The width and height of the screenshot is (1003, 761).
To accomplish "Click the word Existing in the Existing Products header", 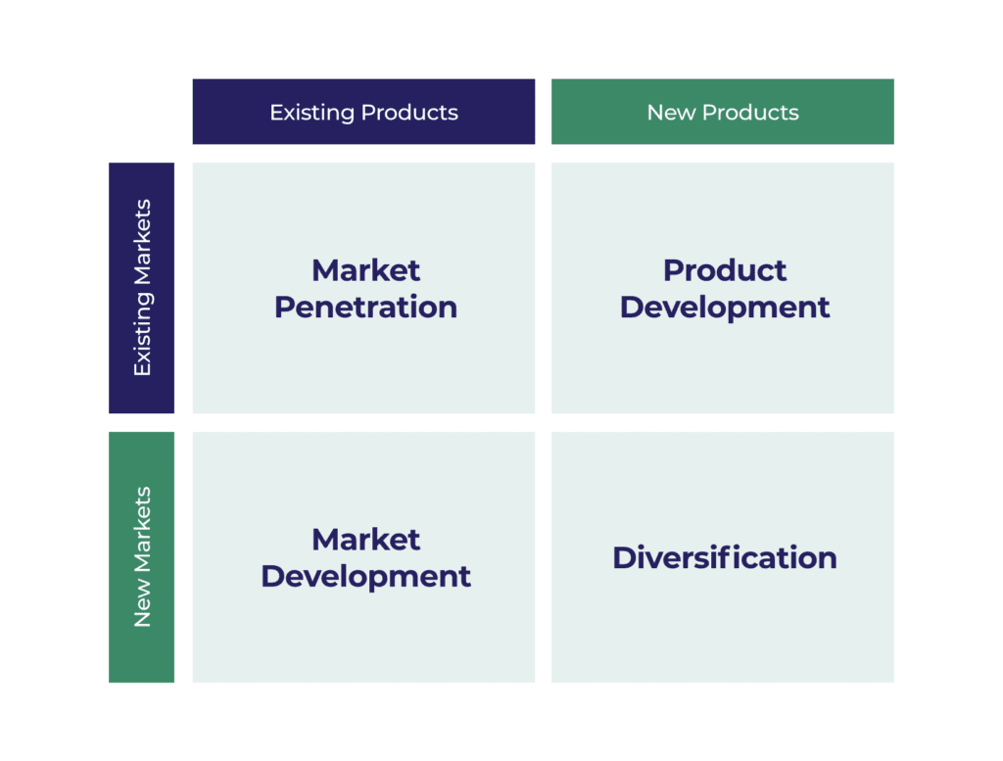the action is (312, 114).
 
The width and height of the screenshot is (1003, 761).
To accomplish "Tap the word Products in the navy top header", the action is (409, 113).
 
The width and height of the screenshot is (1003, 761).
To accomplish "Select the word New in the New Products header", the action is (671, 113).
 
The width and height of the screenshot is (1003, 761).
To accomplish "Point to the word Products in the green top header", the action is (750, 113).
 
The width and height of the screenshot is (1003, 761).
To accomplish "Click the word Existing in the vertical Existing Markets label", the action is (143, 334).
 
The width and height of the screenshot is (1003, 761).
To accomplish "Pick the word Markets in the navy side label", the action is (142, 242).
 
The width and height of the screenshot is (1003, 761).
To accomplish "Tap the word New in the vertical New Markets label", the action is (142, 603).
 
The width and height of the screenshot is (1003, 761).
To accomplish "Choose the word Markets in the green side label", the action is (142, 530).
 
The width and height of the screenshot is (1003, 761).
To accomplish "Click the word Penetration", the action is (366, 307).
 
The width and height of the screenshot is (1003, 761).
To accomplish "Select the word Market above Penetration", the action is (366, 270).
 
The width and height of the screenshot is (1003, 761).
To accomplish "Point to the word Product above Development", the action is (725, 270).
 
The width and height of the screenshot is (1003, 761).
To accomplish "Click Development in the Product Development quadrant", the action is (725, 309).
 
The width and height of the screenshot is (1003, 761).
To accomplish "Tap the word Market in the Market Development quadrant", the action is (366, 540).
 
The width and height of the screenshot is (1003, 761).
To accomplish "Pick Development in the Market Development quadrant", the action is (366, 578).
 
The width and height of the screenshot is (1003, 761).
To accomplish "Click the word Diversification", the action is (725, 557).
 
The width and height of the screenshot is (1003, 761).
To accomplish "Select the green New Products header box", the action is (723, 112).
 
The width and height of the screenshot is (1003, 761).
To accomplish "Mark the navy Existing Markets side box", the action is (141, 288).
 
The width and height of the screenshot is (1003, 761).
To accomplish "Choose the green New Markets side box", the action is (141, 557).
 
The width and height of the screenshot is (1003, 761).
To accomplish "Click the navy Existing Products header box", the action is (364, 112).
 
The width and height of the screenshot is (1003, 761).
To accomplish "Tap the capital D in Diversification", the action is (626, 557).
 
